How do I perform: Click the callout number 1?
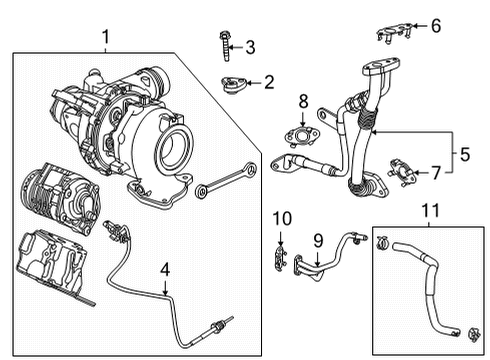coord(105,39)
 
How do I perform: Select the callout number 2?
coord(268,83)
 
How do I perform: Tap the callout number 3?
coord(250,46)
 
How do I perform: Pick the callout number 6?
coord(435,26)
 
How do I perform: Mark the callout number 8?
coord(303,100)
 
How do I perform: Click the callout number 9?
coord(318,240)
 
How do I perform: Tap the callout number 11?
coord(429,212)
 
